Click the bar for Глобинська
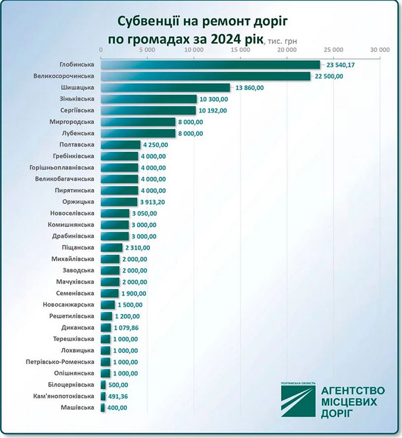pyautogui.click(x=210, y=65)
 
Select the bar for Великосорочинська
pyautogui.click(x=206, y=76)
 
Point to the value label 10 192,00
pyautogui.click(x=214, y=110)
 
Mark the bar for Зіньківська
pyautogui.click(x=149, y=99)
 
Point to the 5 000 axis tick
pyautogui.click(x=148, y=51)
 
